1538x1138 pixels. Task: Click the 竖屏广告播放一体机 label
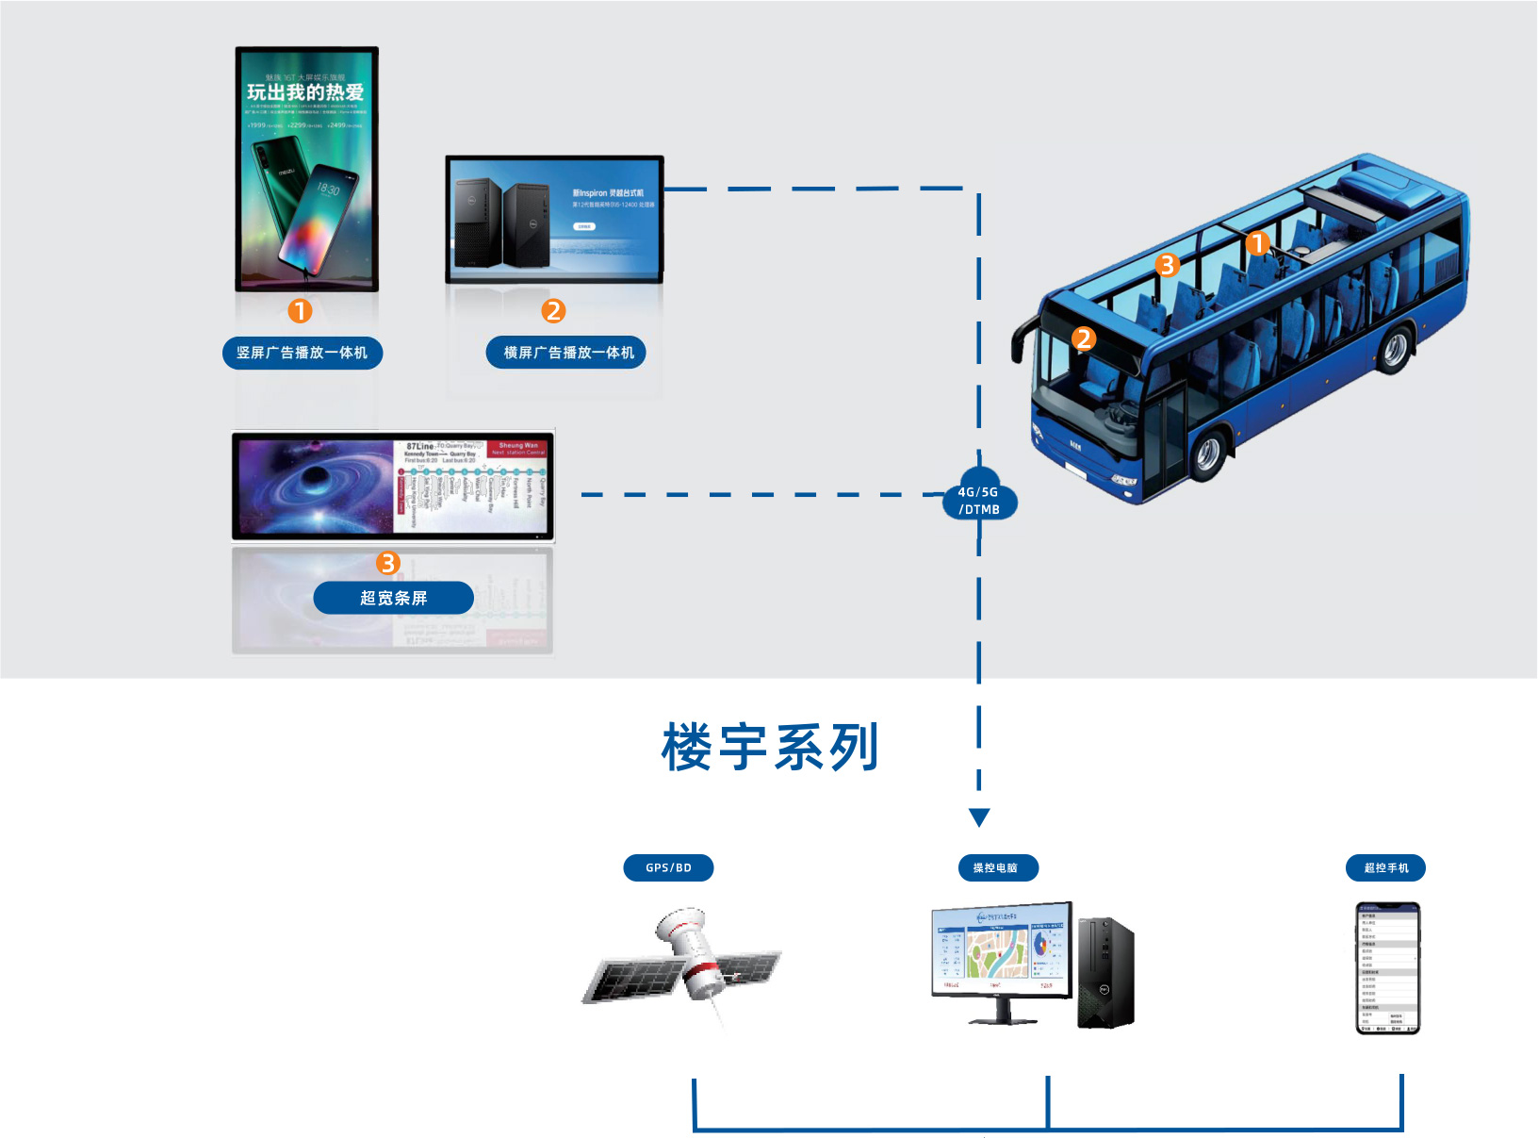[302, 353]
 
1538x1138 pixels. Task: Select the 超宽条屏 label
[393, 598]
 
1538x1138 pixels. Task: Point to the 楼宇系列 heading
[770, 748]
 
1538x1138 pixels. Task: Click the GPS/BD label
[668, 867]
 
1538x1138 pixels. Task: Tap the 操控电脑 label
[996, 867]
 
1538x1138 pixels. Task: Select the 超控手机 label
[1385, 867]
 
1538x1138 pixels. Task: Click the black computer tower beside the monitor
[1106, 972]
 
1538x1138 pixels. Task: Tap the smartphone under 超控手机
[1387, 968]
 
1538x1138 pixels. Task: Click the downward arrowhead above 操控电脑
[979, 816]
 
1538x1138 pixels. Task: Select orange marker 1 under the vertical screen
[300, 311]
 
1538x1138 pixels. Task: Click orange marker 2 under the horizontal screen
[553, 311]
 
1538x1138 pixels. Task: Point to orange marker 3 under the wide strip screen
[388, 563]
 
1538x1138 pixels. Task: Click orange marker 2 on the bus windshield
[1084, 339]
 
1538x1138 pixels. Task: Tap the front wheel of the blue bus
[1207, 454]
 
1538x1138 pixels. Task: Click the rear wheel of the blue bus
[1394, 348]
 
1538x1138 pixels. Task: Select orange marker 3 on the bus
[1168, 265]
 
